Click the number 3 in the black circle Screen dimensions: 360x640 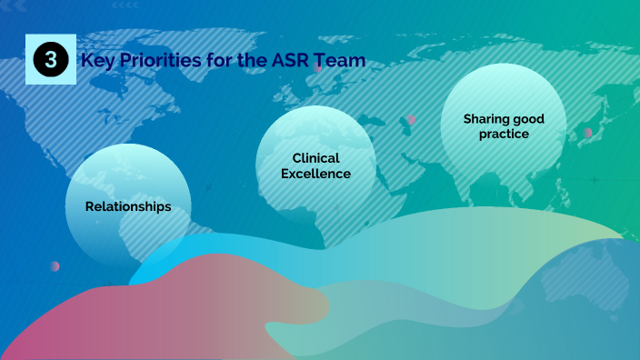[51, 60]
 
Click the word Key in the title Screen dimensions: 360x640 [96, 61]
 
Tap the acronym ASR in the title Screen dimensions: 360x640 [290, 61]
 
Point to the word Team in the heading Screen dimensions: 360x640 [341, 61]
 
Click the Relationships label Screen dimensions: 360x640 [128, 206]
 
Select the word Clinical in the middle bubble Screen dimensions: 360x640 [315, 157]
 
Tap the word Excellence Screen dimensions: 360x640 [315, 173]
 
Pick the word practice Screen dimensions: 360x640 [505, 134]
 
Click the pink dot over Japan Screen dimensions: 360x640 [587, 133]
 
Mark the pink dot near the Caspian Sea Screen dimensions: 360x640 [411, 119]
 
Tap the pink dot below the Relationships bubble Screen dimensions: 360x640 [55, 266]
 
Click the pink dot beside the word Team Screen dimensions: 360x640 [317, 67]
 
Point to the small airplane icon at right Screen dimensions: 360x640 [595, 180]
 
